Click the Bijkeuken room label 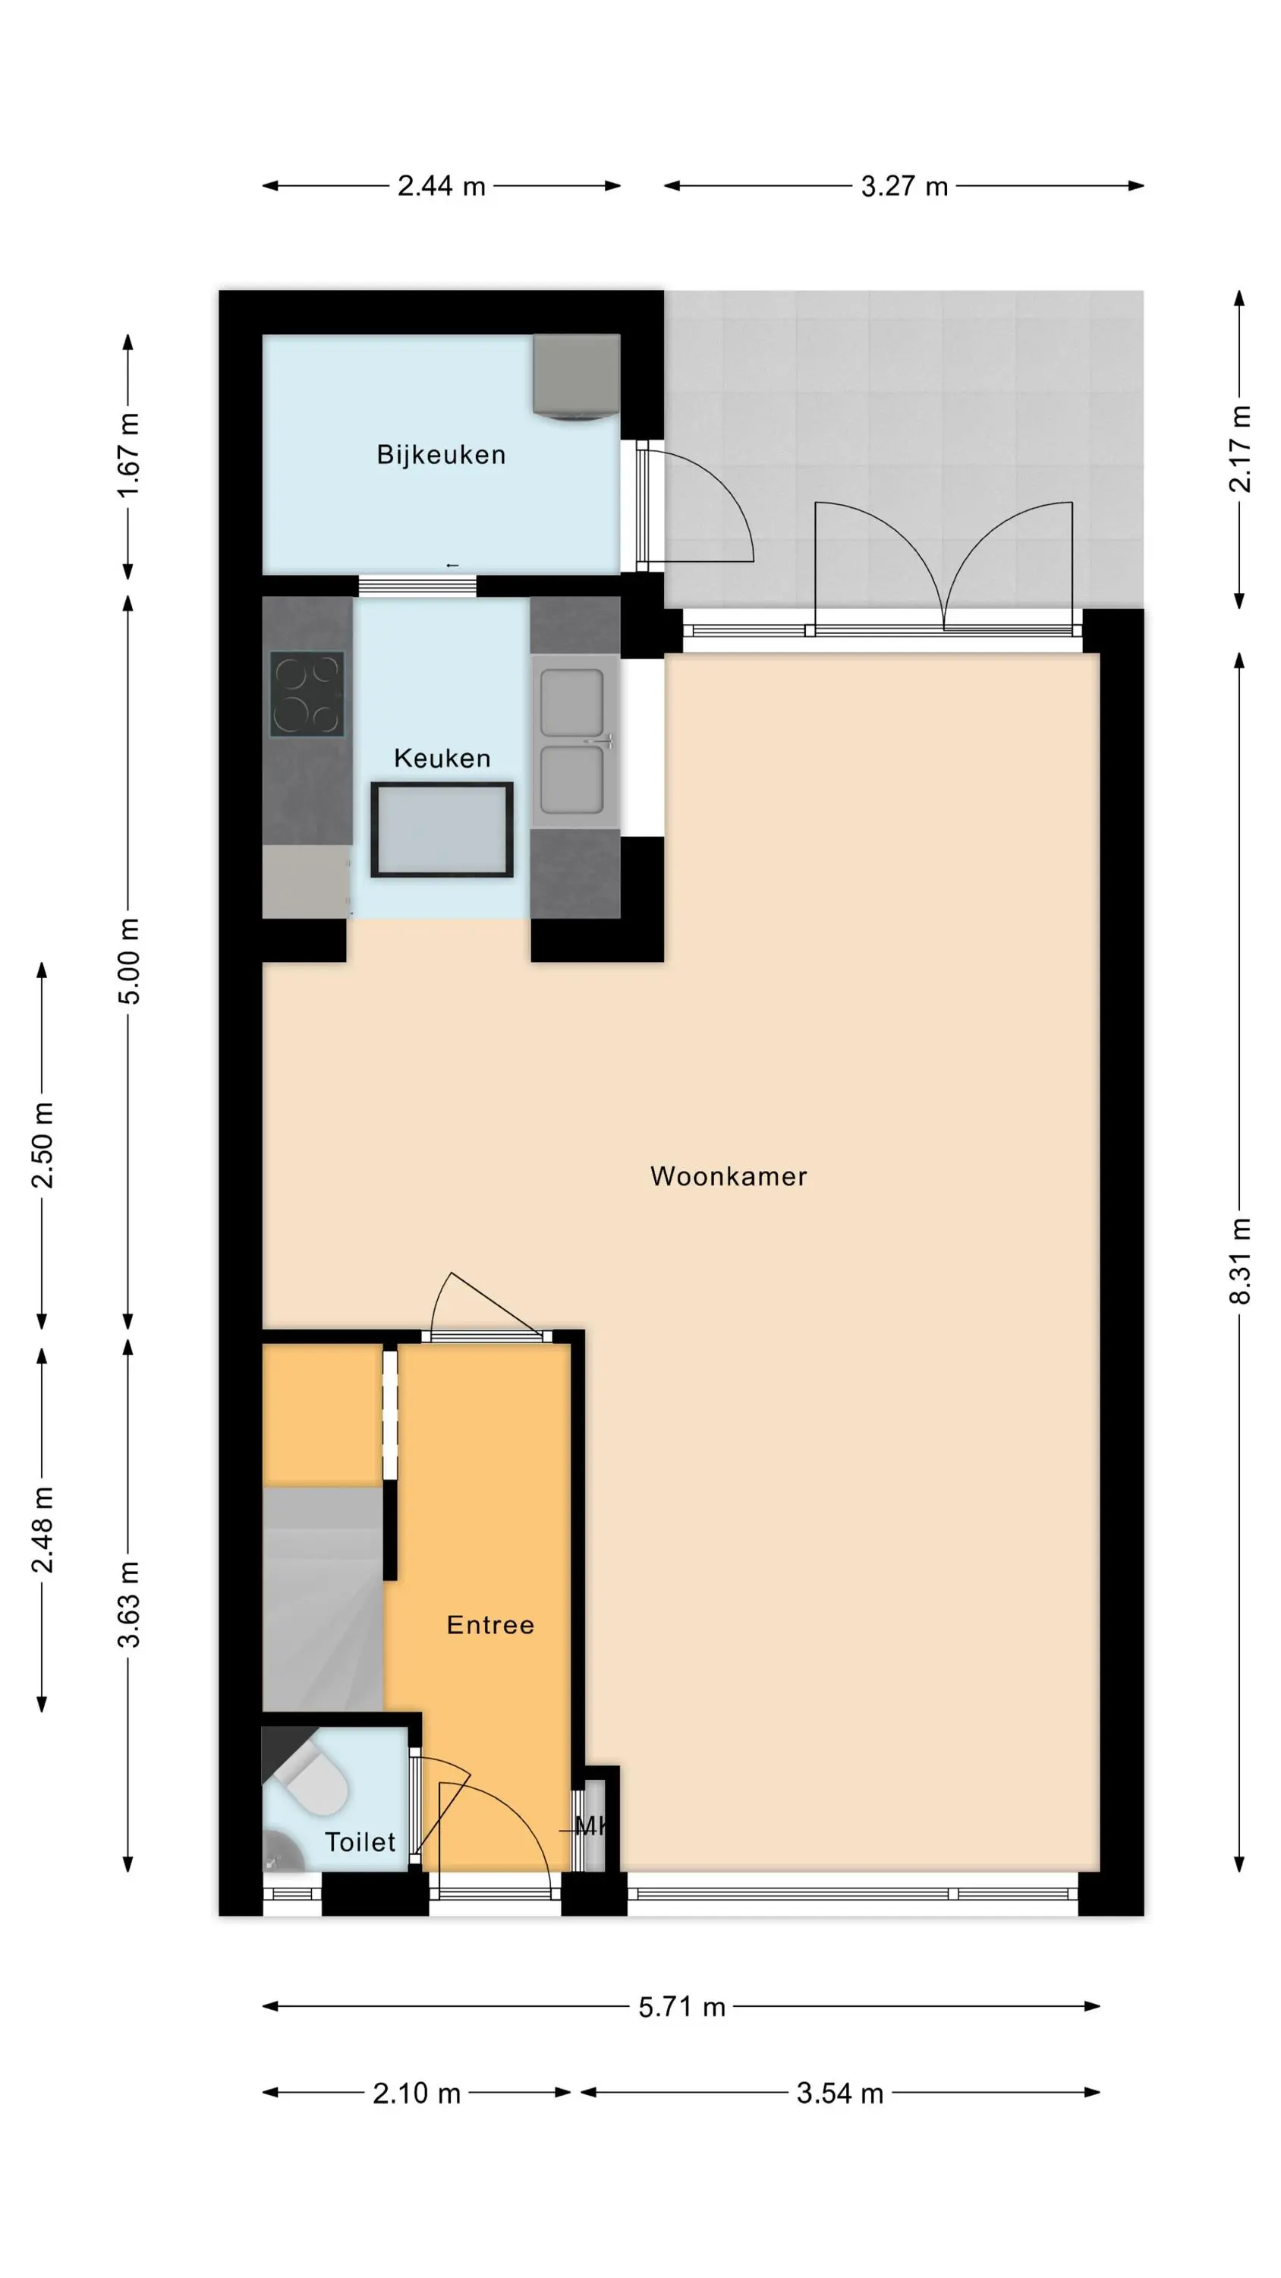440,455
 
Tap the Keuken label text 442,758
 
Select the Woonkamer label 729,1176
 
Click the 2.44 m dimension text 441,186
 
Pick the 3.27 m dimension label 905,186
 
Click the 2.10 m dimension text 417,2093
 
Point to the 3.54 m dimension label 840,2093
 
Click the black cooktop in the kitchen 307,694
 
